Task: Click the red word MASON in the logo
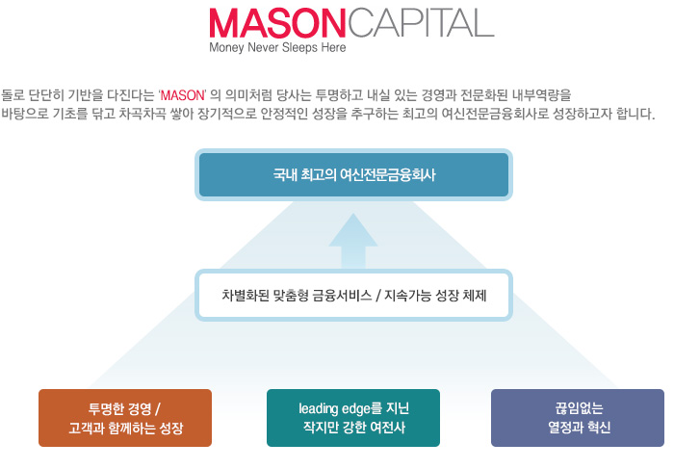[277, 23]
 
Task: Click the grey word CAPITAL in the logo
[421, 23]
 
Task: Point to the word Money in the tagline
[227, 47]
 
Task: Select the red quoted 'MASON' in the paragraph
[182, 95]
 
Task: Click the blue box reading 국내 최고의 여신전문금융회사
[353, 174]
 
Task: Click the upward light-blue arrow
[353, 241]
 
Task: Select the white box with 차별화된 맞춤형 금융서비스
[353, 295]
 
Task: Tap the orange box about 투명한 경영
[125, 418]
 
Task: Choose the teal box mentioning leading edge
[353, 418]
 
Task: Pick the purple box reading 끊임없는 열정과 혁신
[578, 418]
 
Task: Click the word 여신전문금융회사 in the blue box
[387, 174]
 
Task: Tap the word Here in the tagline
[333, 47]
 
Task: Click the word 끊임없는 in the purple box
[579, 407]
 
